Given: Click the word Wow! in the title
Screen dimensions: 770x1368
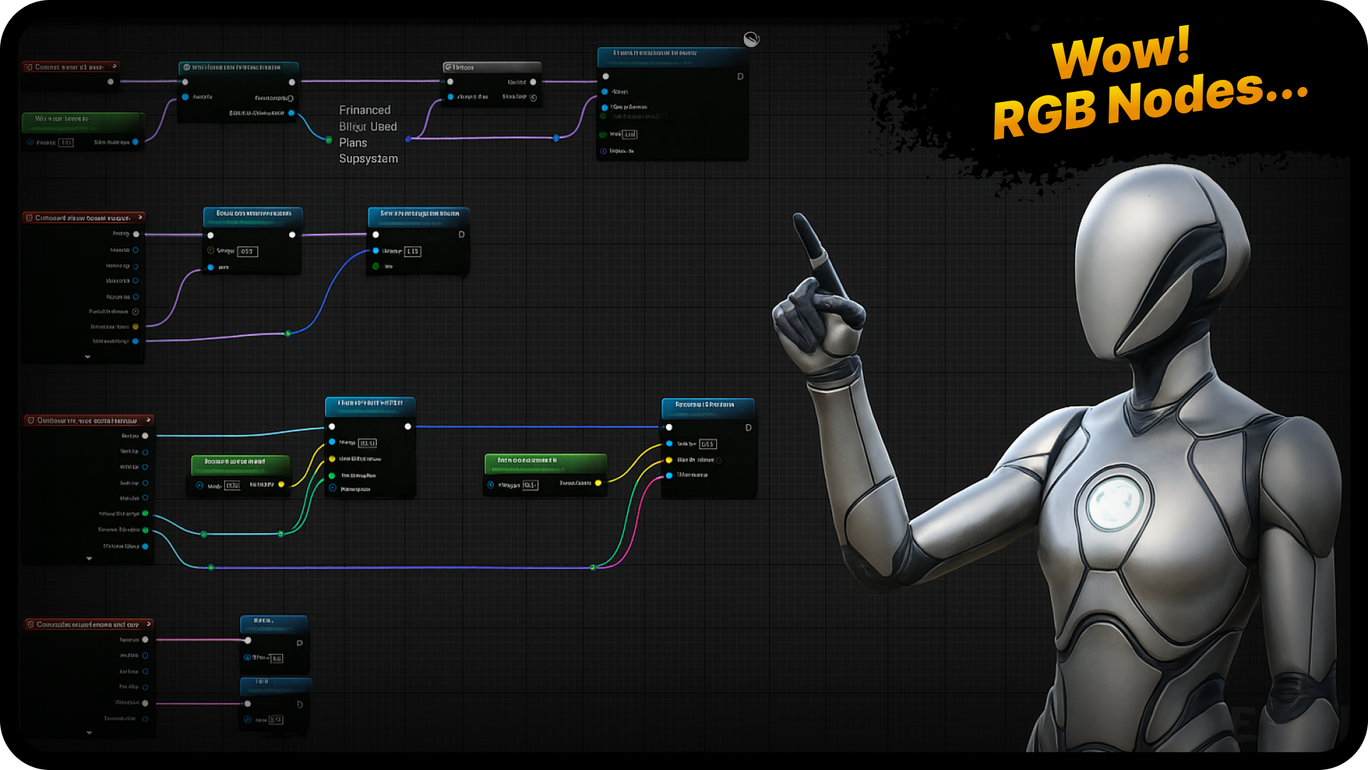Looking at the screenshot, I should pos(1121,53).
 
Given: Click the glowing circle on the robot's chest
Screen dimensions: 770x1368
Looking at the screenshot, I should pos(1115,503).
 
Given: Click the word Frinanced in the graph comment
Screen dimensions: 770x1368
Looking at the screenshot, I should pos(365,111).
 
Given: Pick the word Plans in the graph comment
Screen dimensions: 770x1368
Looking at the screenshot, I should pos(353,143).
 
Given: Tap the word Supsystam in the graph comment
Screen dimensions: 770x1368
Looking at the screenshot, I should pos(368,159).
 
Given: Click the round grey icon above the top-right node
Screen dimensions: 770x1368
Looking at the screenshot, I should pos(751,39).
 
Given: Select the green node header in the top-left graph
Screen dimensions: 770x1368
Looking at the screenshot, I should pos(82,119).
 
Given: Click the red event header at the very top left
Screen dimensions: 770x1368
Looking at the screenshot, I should pos(70,67).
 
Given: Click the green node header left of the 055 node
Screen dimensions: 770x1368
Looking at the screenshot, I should pos(240,462).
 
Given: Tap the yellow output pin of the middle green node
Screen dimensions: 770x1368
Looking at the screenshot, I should pos(598,483).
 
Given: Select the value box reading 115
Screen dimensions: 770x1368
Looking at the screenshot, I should pos(413,252).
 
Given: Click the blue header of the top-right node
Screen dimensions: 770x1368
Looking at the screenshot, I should pos(671,53).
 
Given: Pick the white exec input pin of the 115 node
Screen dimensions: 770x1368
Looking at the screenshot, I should pos(375,235).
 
